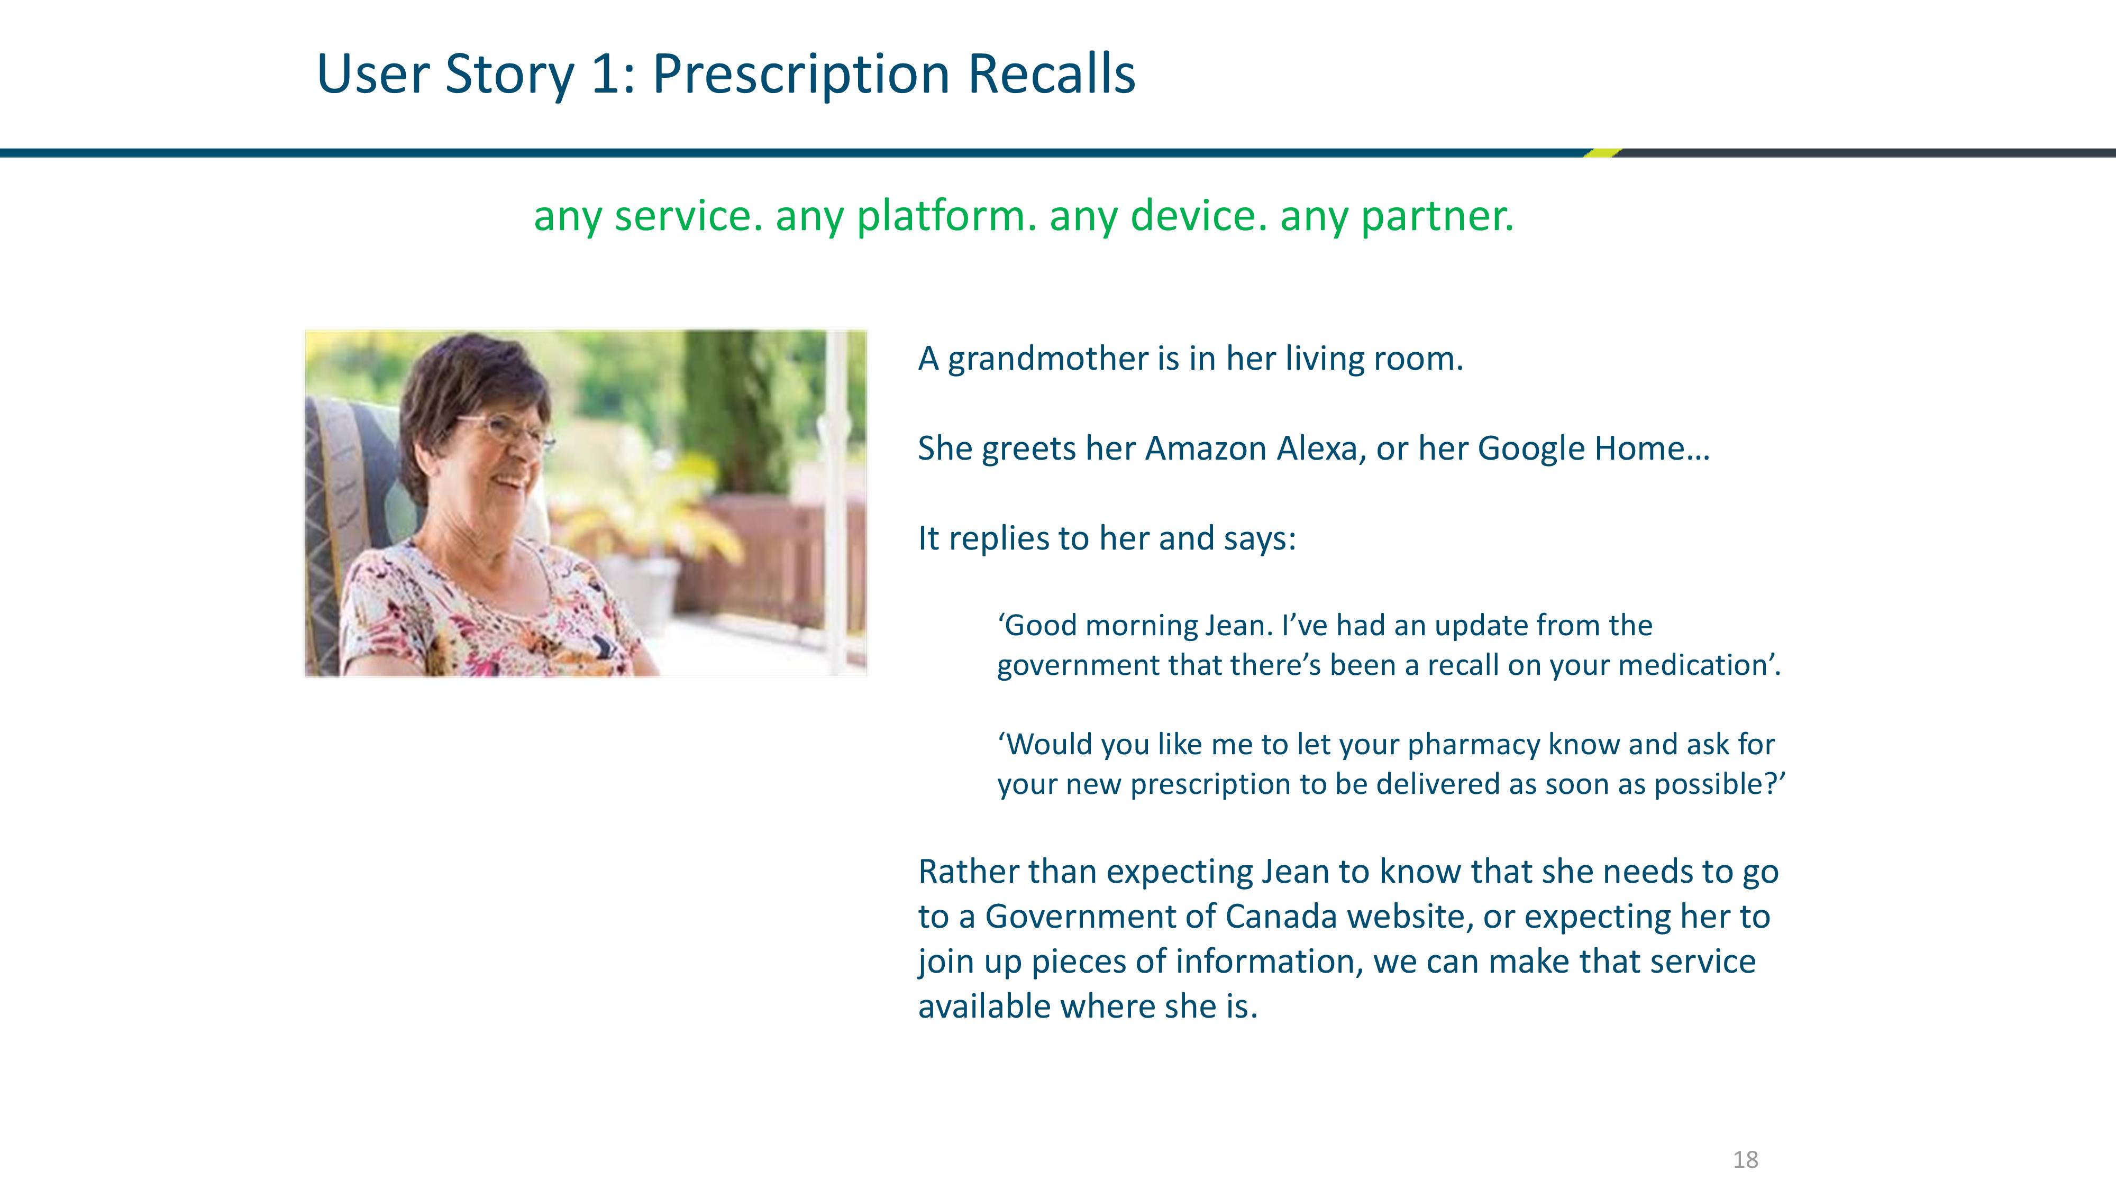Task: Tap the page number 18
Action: [1746, 1160]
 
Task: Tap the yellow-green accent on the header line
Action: [1602, 153]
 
